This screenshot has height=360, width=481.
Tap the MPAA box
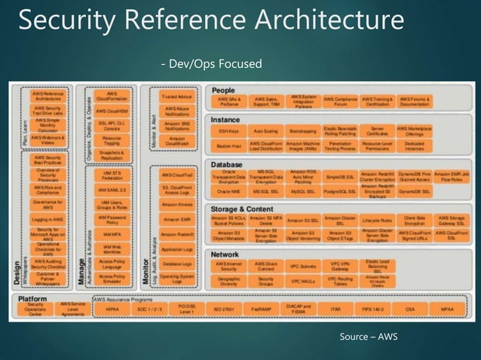click(448, 309)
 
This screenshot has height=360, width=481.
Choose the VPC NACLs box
click(302, 281)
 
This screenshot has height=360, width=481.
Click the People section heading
click(223, 90)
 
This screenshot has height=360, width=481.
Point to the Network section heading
click(227, 255)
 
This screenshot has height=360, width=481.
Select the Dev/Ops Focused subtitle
click(212, 64)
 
